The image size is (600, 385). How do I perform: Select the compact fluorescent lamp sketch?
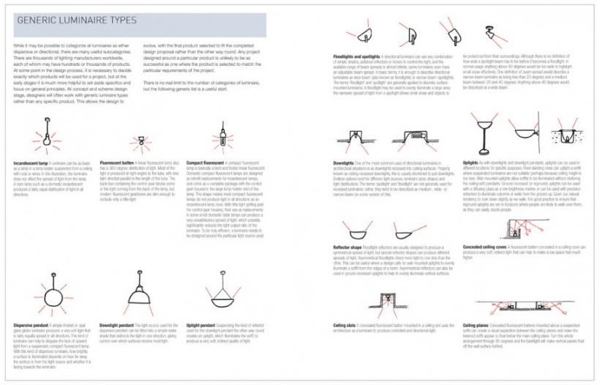point(220,136)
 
